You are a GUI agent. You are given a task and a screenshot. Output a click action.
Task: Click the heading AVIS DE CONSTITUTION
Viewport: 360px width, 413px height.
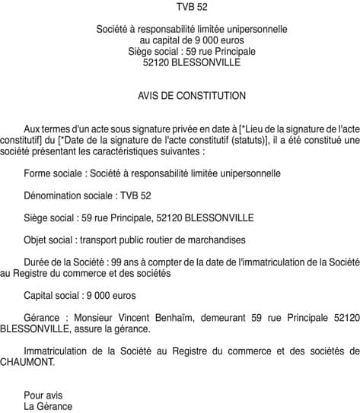[181, 96]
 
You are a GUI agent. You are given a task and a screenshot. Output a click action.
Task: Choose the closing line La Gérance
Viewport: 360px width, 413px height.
[48, 406]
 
